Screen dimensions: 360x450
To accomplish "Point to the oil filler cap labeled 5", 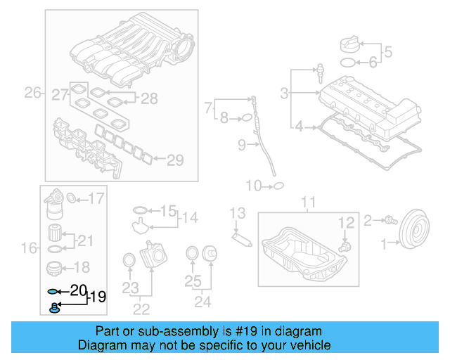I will (x=349, y=44).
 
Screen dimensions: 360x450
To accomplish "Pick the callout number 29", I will (x=175, y=160).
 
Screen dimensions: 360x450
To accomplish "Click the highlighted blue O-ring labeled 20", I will (x=53, y=290).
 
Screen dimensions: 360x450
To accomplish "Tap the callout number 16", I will (x=29, y=247).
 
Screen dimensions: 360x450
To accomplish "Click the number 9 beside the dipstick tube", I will (x=241, y=146).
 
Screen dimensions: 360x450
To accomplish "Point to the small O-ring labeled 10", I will (x=278, y=186).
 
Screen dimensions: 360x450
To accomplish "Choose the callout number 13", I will (x=237, y=213).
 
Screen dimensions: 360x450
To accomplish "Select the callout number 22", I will (x=141, y=308).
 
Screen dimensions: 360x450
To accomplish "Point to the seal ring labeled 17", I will (x=72, y=199).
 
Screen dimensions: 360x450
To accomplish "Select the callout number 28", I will (x=149, y=98).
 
